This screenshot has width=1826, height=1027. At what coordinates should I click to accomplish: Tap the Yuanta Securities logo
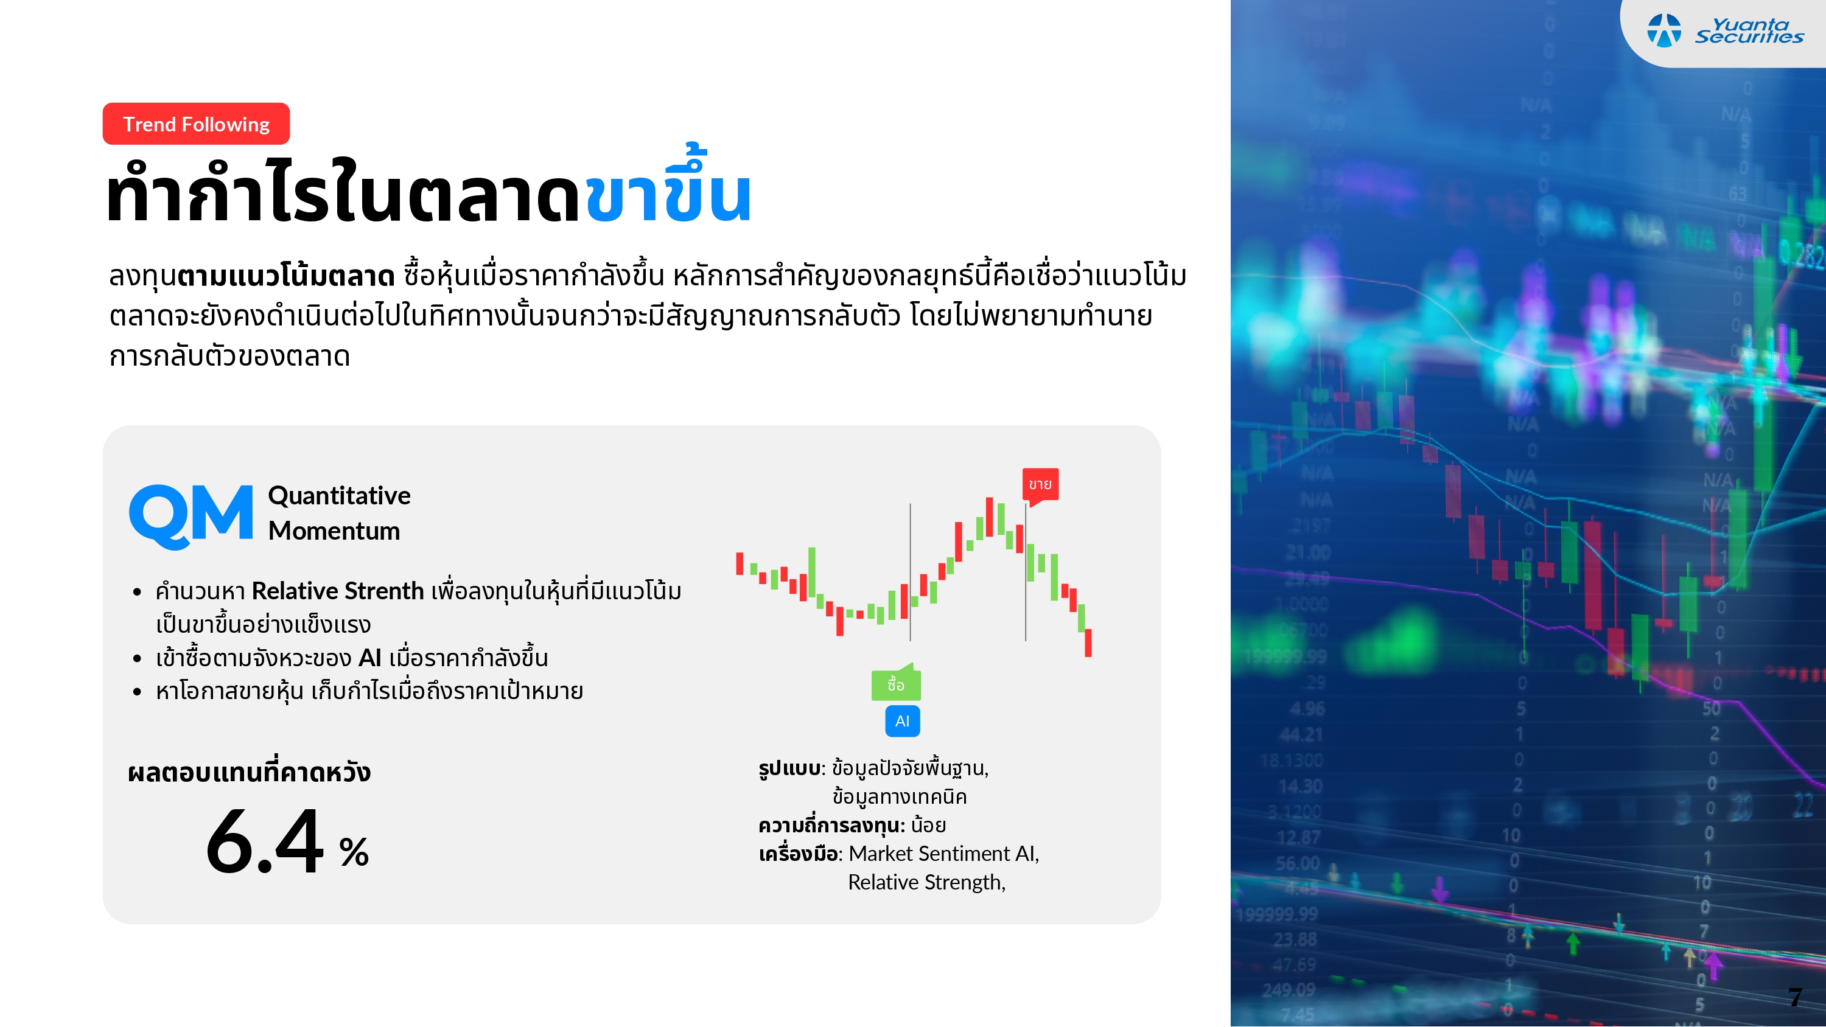[x=1726, y=31]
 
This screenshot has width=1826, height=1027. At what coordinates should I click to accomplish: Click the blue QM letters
[x=191, y=515]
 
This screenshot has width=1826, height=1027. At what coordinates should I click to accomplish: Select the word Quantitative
[x=339, y=495]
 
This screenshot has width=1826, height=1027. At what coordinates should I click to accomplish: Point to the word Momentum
[x=334, y=531]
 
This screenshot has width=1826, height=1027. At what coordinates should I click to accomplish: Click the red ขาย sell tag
[x=1040, y=484]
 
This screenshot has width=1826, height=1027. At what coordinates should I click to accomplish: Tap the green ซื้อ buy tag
[x=895, y=684]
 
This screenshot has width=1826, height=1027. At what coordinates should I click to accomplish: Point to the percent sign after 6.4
[x=354, y=852]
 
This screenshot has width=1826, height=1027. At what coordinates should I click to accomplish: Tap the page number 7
[x=1794, y=997]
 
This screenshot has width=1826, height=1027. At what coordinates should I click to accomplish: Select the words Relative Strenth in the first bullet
[x=337, y=590]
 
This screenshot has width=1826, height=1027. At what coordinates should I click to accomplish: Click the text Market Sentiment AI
[x=943, y=854]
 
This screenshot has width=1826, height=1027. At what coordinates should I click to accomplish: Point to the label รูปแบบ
[x=789, y=768]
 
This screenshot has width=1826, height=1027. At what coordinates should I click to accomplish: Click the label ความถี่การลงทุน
[x=831, y=825]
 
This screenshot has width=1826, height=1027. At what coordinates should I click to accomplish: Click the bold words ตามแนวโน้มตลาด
[x=285, y=275]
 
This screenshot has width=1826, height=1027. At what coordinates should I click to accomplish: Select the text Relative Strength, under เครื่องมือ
[x=926, y=882]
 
